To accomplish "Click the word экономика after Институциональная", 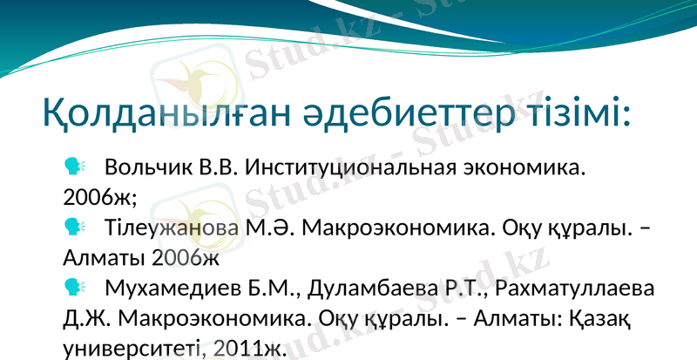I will click(x=521, y=166).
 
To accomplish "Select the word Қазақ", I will click(x=599, y=318).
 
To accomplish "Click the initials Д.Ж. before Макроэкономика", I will click(x=87, y=318).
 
